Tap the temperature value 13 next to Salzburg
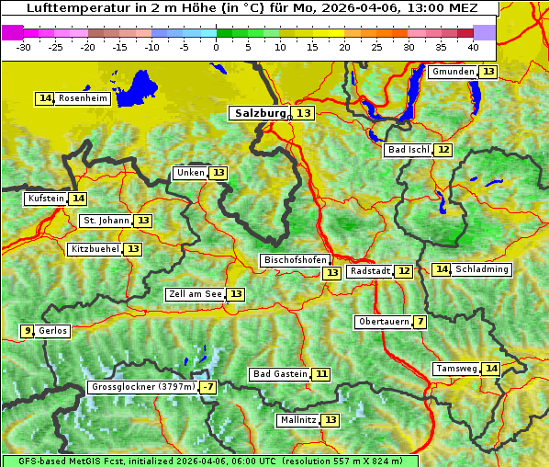pos(304,113)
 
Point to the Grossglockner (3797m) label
pos(144,387)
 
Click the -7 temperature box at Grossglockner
pos(208,387)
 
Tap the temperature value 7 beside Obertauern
pos(420,322)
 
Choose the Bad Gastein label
pos(280,374)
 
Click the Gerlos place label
pos(53,331)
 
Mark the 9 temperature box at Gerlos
pos(28,331)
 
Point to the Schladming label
pos(482,269)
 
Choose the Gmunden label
pos(453,72)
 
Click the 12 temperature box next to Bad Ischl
pos(443,150)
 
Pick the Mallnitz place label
pos(297,420)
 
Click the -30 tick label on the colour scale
pos(24,47)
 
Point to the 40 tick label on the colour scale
pos(472,47)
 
